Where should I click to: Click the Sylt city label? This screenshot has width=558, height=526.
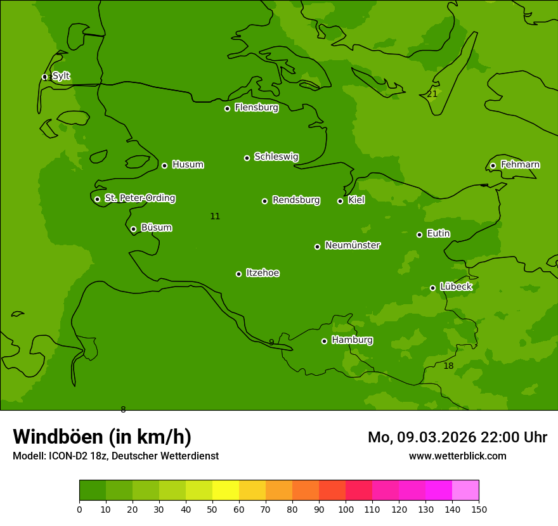[61, 76]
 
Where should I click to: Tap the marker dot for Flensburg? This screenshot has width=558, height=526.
[227, 108]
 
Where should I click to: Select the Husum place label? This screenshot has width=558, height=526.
[188, 165]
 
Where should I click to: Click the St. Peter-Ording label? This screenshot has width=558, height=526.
[139, 198]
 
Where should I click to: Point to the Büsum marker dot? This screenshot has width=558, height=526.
[133, 229]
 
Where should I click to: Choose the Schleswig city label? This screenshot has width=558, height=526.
[276, 157]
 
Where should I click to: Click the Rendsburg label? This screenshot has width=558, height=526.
[295, 200]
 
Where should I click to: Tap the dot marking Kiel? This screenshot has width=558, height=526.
[340, 201]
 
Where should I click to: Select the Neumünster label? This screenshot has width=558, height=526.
[352, 245]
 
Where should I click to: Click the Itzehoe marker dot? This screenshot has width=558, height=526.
[238, 274]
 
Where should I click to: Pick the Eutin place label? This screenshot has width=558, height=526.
[438, 234]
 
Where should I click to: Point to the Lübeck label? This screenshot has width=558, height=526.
[455, 287]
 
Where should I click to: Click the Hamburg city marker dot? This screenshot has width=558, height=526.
[324, 341]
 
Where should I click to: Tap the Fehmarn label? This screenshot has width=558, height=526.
[520, 165]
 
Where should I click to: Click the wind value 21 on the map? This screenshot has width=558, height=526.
[432, 94]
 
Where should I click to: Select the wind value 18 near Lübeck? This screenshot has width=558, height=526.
[448, 366]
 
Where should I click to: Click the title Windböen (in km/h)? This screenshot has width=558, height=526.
[102, 437]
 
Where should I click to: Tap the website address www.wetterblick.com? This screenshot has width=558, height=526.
[457, 456]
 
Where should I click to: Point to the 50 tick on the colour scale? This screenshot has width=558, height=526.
[212, 509]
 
